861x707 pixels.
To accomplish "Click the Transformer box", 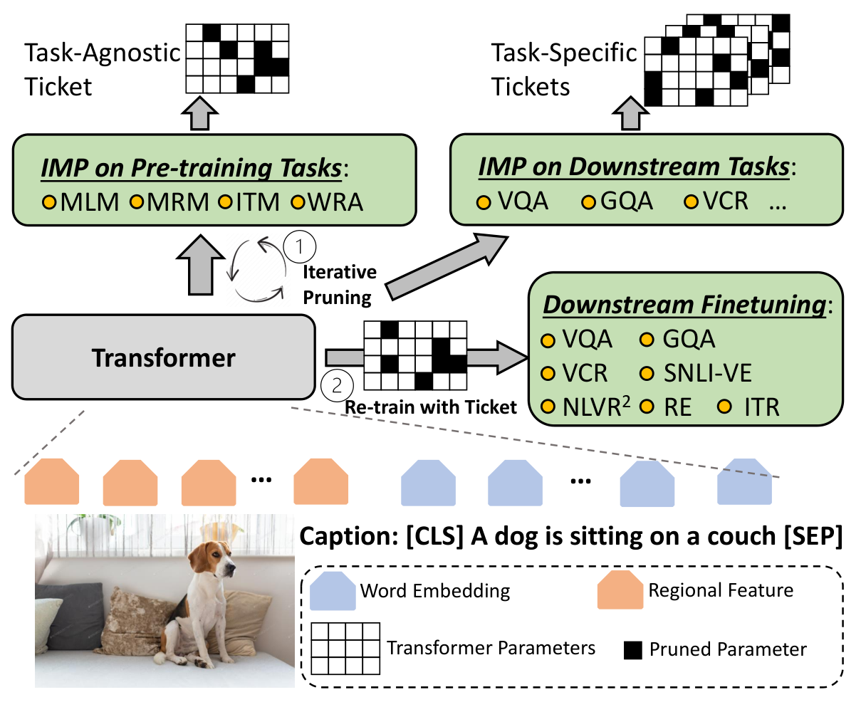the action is click(164, 357).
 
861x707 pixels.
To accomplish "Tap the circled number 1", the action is click(299, 246).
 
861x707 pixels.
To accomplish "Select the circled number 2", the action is click(337, 385).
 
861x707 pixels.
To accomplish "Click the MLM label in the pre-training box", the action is click(90, 202).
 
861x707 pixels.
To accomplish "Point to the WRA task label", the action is click(335, 202).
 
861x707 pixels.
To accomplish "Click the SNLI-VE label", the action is click(707, 372).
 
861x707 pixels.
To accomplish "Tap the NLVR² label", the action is click(596, 407).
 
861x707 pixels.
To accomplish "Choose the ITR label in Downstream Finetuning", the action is click(762, 407).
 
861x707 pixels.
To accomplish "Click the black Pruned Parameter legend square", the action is click(633, 650).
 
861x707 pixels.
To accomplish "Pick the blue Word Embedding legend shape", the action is click(333, 591).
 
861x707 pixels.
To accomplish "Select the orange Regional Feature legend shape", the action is click(620, 590).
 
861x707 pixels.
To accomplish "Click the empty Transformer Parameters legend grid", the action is click(345, 648).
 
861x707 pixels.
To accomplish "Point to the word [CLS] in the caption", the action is click(435, 536).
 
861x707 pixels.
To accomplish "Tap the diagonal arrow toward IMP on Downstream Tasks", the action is click(447, 266).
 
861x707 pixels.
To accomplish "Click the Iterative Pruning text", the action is click(339, 285).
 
